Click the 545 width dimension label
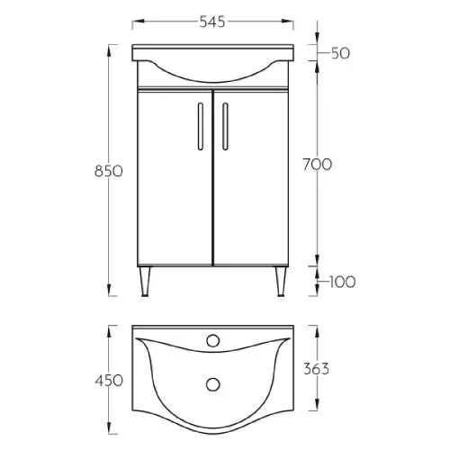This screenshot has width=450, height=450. (212, 22)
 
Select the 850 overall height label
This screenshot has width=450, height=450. (109, 171)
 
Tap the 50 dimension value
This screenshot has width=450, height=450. (340, 53)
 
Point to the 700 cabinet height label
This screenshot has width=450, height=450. (318, 165)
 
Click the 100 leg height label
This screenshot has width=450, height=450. (342, 282)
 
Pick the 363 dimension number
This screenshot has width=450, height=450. (316, 369)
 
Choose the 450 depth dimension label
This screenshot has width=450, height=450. (109, 381)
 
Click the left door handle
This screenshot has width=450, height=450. (201, 126)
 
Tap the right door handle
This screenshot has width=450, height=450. (225, 126)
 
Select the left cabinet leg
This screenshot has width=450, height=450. (145, 282)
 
